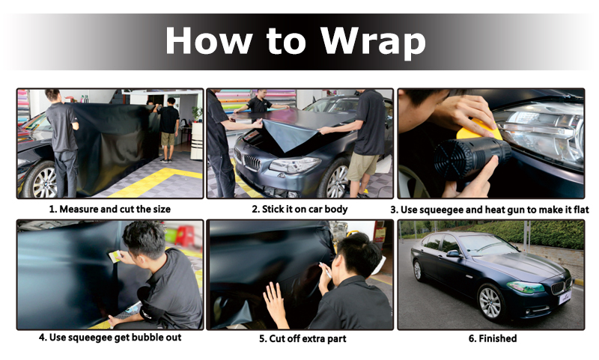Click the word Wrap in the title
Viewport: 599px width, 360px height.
[373, 41]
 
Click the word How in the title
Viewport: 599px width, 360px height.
[209, 40]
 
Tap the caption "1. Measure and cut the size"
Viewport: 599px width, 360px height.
[109, 210]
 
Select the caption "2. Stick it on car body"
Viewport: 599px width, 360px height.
[299, 210]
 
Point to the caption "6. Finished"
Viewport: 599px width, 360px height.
[493, 338]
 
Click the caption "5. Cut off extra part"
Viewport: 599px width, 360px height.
[302, 338]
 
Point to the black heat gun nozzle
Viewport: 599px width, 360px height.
[472, 158]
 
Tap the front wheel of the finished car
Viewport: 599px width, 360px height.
[490, 302]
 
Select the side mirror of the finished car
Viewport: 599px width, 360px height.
[453, 254]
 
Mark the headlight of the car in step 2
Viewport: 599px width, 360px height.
[294, 165]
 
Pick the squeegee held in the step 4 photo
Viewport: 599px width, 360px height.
[115, 256]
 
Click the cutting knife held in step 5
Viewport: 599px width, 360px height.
[326, 269]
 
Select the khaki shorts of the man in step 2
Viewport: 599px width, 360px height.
[362, 167]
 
